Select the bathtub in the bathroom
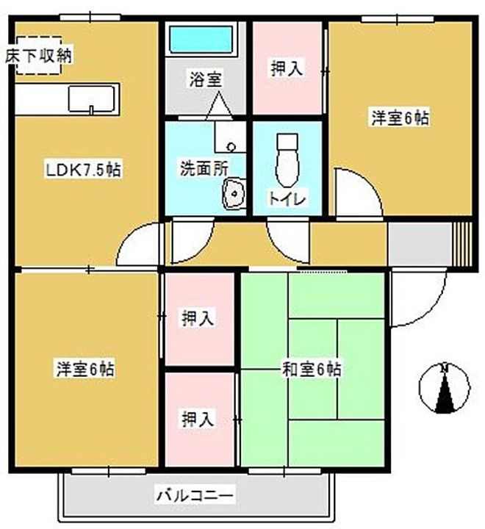201,39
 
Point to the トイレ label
287,198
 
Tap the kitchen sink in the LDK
92,98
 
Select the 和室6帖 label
312,369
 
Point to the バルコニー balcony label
195,497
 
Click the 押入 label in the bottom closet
198,419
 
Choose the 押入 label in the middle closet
198,319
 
